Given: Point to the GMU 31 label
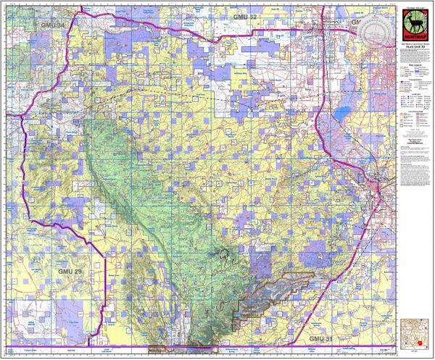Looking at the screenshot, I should click(320, 338).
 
